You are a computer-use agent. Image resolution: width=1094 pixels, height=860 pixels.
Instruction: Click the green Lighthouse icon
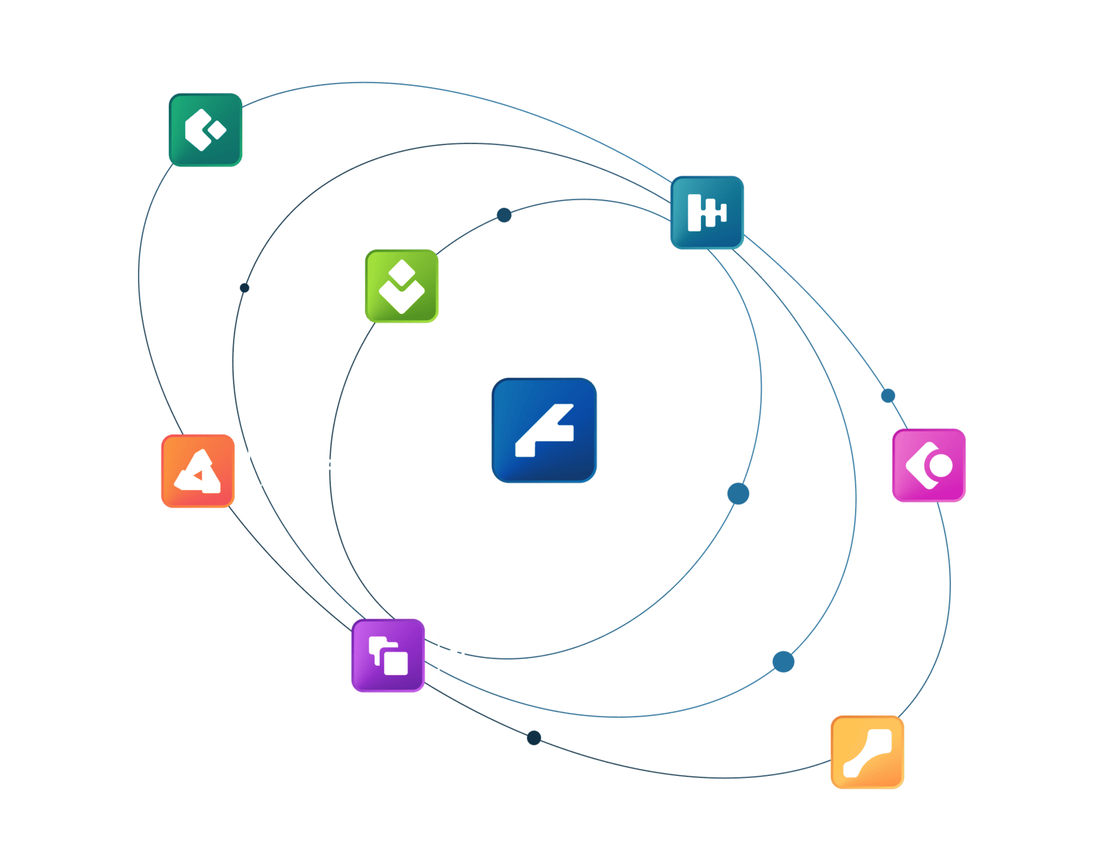(205, 130)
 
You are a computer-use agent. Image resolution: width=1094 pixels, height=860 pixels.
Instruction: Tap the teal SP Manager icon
(707, 212)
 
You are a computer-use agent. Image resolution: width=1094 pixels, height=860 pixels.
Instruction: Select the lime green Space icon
(401, 286)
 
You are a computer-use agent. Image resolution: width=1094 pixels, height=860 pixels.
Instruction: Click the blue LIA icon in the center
(544, 430)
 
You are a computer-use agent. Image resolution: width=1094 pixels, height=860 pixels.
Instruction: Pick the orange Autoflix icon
(198, 471)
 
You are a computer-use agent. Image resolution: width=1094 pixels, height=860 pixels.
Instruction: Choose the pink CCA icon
(929, 465)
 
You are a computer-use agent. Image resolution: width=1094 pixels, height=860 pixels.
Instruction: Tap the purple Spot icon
(388, 655)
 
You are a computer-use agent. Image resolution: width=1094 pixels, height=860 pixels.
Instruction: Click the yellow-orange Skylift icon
(867, 752)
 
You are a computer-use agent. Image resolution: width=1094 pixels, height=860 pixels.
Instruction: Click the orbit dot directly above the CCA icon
(888, 395)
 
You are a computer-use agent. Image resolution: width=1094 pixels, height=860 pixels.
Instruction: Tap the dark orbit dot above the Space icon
(504, 216)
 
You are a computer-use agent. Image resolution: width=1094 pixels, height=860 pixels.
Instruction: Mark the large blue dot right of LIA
(738, 493)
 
